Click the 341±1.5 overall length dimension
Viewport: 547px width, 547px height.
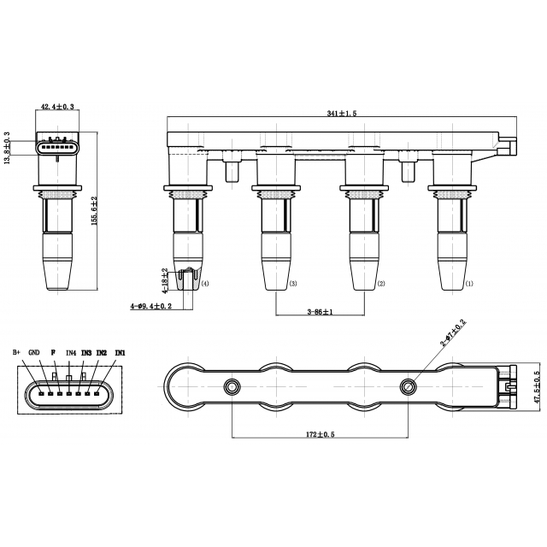342,113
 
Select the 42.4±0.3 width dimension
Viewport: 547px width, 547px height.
57,106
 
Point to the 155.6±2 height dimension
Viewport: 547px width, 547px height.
94,211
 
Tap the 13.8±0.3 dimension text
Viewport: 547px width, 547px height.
7,148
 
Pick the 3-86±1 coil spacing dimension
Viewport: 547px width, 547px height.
320,311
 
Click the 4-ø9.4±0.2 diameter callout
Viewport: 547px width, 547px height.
151,306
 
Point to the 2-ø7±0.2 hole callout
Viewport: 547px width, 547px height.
453,332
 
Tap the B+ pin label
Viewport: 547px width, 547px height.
17,352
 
